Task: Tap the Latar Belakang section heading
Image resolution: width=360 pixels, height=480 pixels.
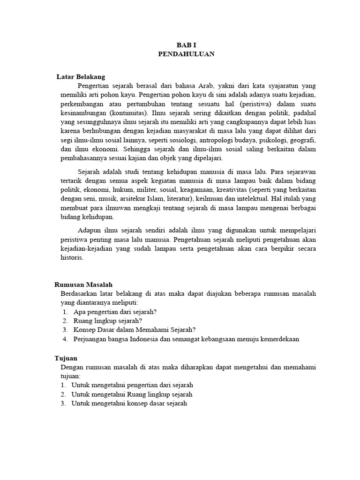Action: (81, 76)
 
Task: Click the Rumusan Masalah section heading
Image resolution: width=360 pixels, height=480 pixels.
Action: (83, 285)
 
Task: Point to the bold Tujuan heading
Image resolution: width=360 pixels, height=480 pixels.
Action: (66, 358)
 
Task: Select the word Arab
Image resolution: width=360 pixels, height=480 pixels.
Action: (203, 86)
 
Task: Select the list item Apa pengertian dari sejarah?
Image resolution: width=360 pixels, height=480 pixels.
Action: (115, 312)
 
